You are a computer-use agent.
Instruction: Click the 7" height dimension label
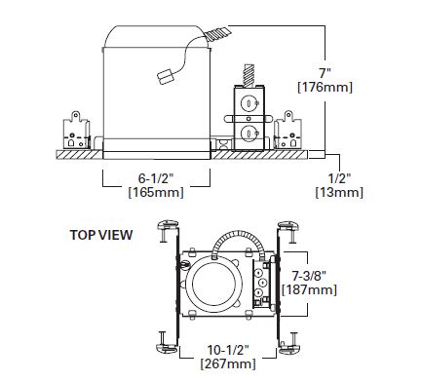(325, 72)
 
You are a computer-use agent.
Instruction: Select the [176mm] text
(325, 88)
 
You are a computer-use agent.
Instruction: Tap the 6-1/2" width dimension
(156, 178)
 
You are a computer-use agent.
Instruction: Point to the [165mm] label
(156, 192)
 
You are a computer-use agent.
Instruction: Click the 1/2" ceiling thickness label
(339, 178)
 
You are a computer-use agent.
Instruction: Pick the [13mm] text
(339, 192)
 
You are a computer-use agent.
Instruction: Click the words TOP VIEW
(101, 235)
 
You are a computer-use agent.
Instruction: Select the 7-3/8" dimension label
(309, 276)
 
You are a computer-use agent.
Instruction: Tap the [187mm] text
(309, 289)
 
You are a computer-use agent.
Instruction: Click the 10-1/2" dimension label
(228, 350)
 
